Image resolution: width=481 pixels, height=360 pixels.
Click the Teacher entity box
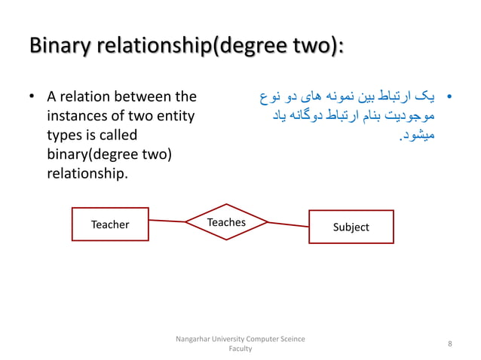(110, 224)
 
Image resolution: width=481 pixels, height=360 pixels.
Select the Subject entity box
(351, 227)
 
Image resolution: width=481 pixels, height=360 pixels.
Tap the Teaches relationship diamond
(226, 222)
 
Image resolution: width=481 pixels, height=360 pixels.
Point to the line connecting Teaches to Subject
(288, 224)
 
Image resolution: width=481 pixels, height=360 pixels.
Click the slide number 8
(449, 344)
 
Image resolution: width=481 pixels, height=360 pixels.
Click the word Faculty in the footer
(240, 349)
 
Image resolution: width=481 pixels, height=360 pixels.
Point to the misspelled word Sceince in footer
(291, 340)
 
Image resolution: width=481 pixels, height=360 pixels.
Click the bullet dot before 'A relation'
(32, 98)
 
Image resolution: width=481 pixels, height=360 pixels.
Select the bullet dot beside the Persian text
(449, 98)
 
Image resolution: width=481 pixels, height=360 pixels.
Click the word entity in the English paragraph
(174, 117)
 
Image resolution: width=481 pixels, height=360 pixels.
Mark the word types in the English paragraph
(63, 136)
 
